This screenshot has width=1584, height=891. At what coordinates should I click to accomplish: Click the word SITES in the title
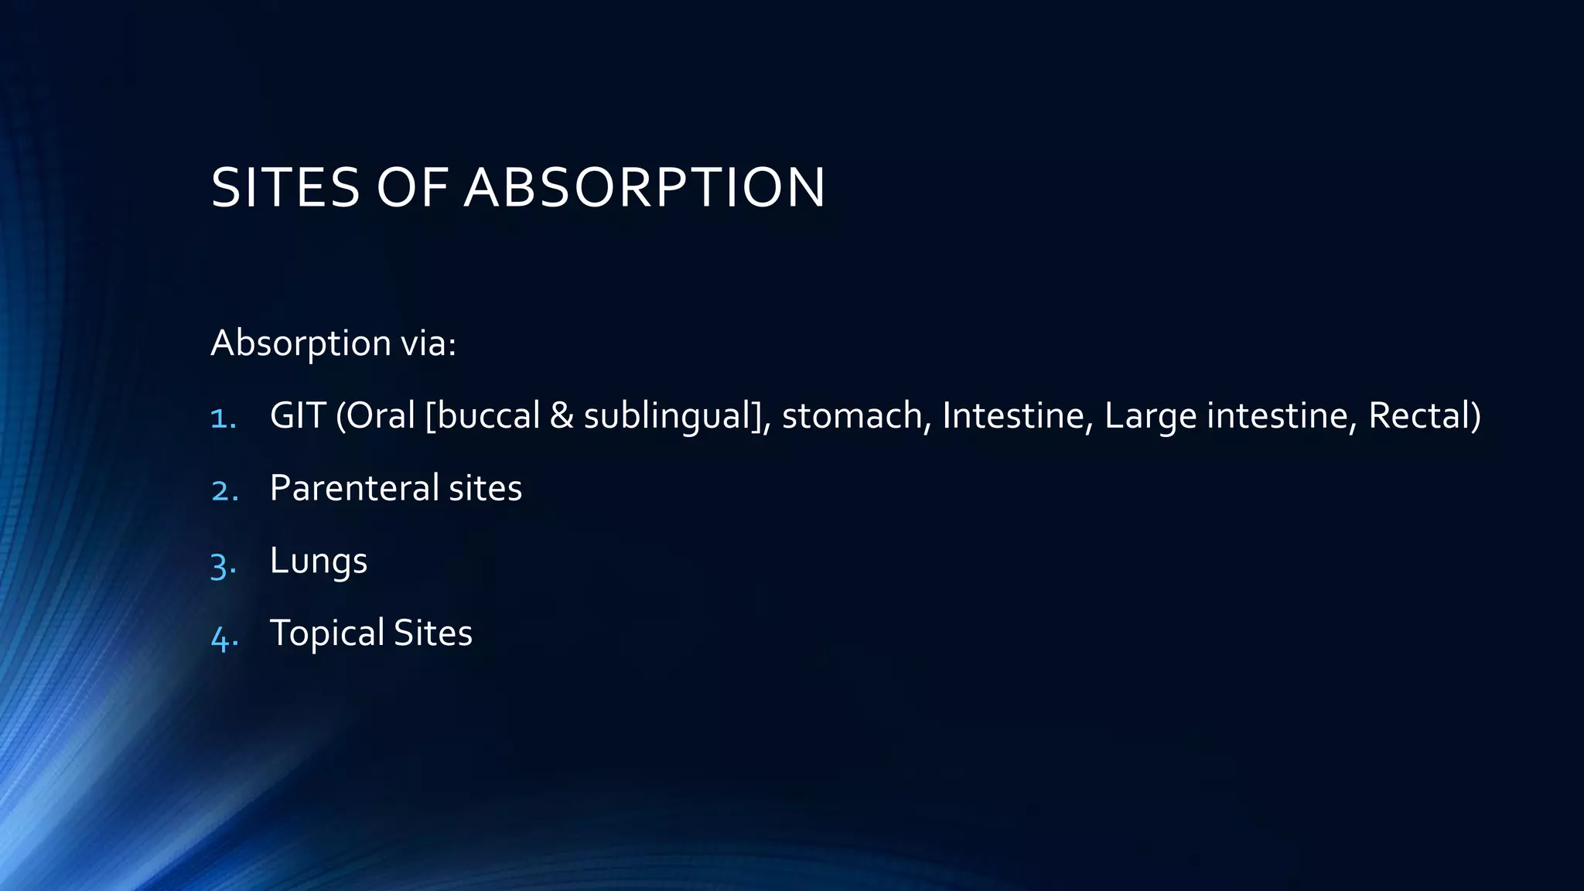pyautogui.click(x=285, y=188)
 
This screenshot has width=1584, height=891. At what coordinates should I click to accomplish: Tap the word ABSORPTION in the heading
pyautogui.click(x=644, y=188)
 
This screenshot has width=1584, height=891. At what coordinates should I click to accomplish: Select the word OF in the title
pyautogui.click(x=412, y=188)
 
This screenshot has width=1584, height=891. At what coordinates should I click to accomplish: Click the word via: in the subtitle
pyautogui.click(x=428, y=343)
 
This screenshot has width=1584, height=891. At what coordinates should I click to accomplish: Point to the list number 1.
pyautogui.click(x=223, y=418)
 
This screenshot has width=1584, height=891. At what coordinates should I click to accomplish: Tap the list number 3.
pyautogui.click(x=223, y=564)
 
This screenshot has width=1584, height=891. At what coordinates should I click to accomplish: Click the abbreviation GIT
pyautogui.click(x=297, y=415)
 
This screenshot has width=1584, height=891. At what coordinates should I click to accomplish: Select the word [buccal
pyautogui.click(x=482, y=415)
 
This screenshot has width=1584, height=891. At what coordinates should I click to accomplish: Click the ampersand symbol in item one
pyautogui.click(x=561, y=415)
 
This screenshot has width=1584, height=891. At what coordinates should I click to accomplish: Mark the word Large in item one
pyautogui.click(x=1150, y=417)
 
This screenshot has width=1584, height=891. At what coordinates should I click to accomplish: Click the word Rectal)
pyautogui.click(x=1424, y=415)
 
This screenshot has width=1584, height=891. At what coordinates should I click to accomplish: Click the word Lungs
pyautogui.click(x=318, y=562)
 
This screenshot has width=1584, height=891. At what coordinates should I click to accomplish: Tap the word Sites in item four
pyautogui.click(x=433, y=633)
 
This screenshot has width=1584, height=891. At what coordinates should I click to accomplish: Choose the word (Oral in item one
pyautogui.click(x=375, y=415)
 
